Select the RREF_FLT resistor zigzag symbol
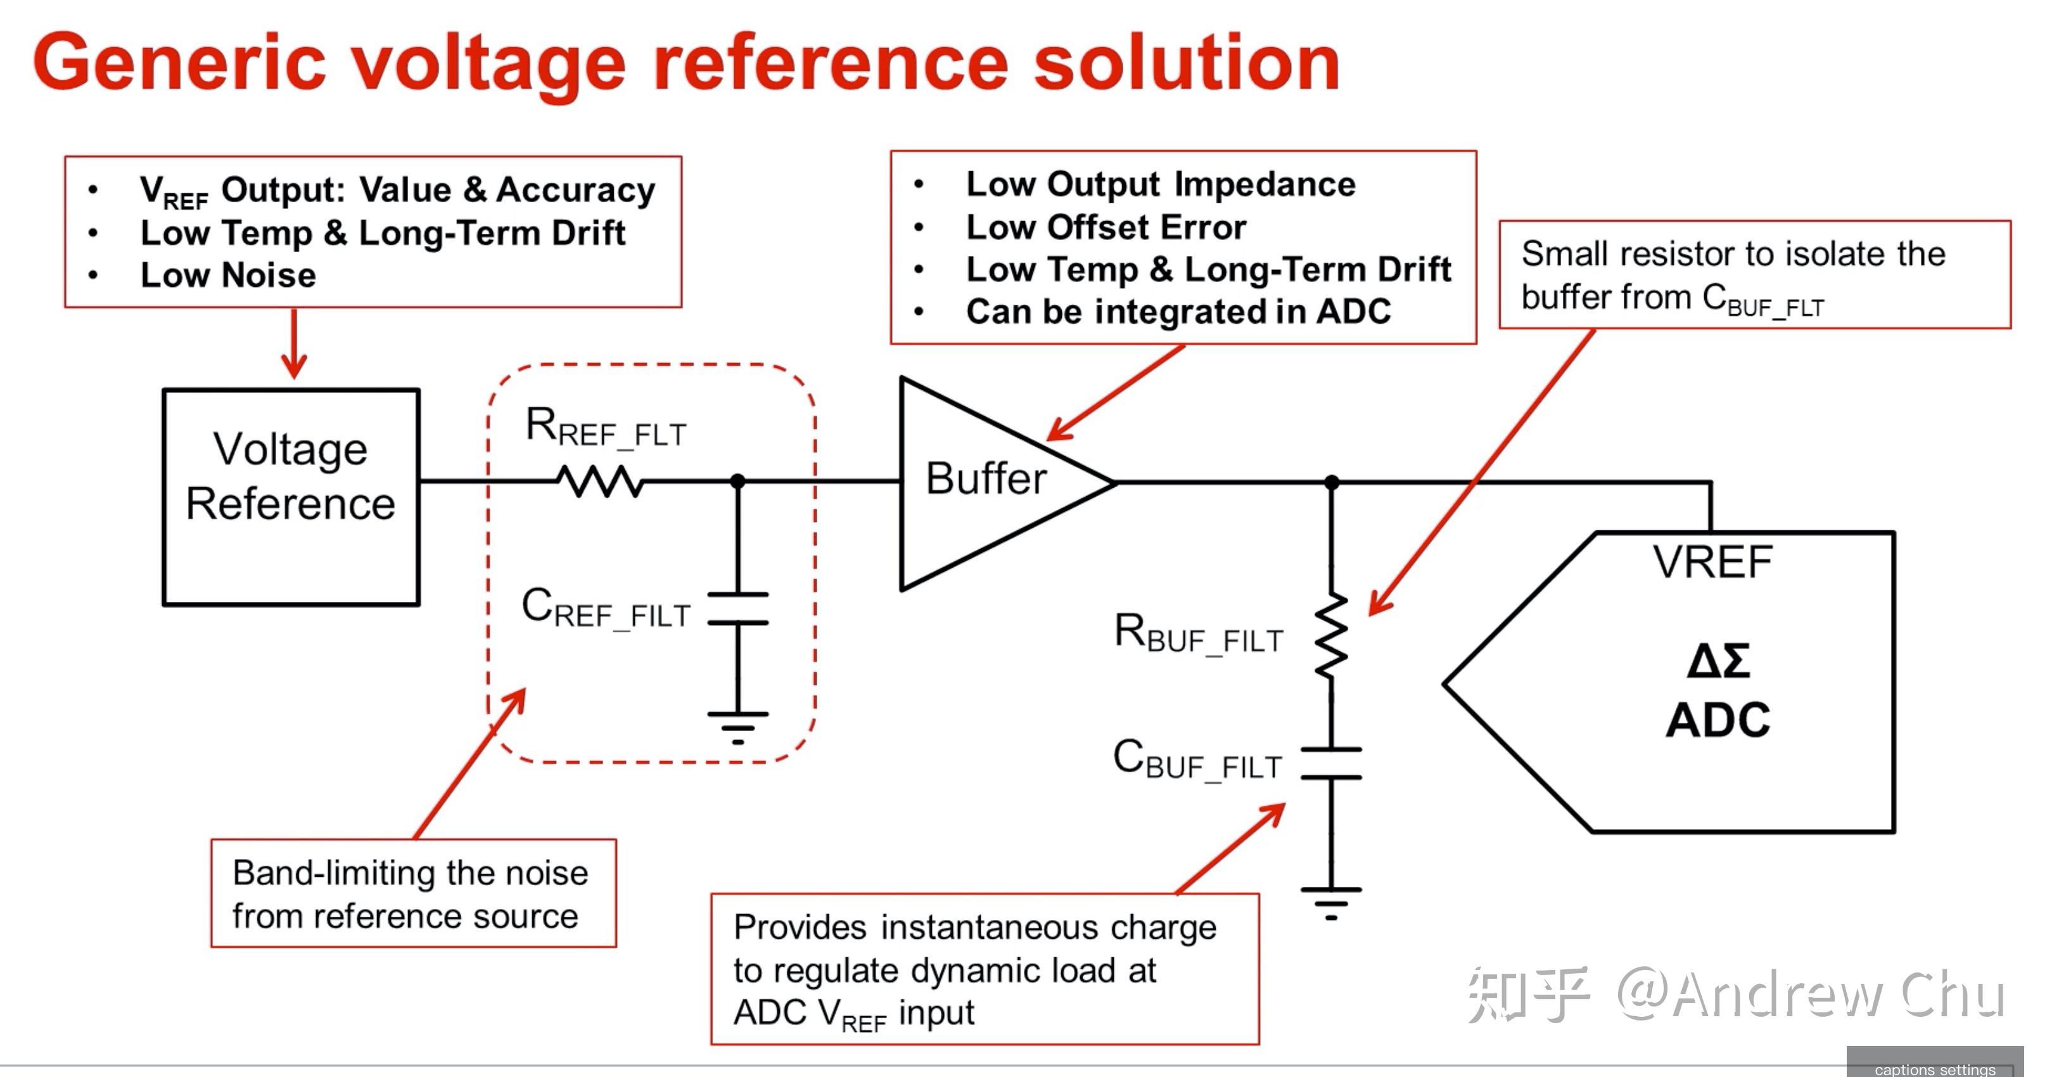point(600,481)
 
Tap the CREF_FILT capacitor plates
point(737,608)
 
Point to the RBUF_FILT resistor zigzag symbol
point(1331,637)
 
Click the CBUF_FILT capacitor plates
point(1331,763)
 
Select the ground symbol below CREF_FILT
point(737,727)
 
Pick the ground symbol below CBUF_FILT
point(1331,903)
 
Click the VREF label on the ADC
point(1712,562)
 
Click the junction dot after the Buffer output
point(1332,482)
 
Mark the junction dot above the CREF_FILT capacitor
point(737,481)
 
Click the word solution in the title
point(1186,63)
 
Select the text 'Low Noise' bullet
point(228,275)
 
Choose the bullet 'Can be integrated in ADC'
point(1178,311)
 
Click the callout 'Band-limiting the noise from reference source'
point(412,894)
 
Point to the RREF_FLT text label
point(606,428)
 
